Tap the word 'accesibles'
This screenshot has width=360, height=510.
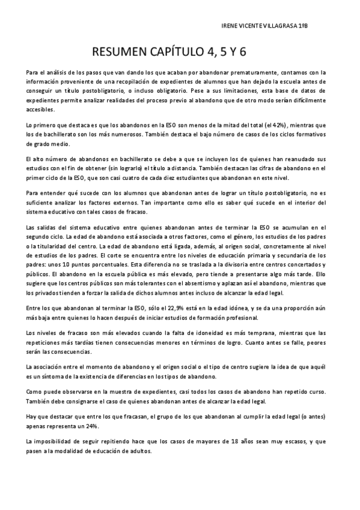click(41, 109)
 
